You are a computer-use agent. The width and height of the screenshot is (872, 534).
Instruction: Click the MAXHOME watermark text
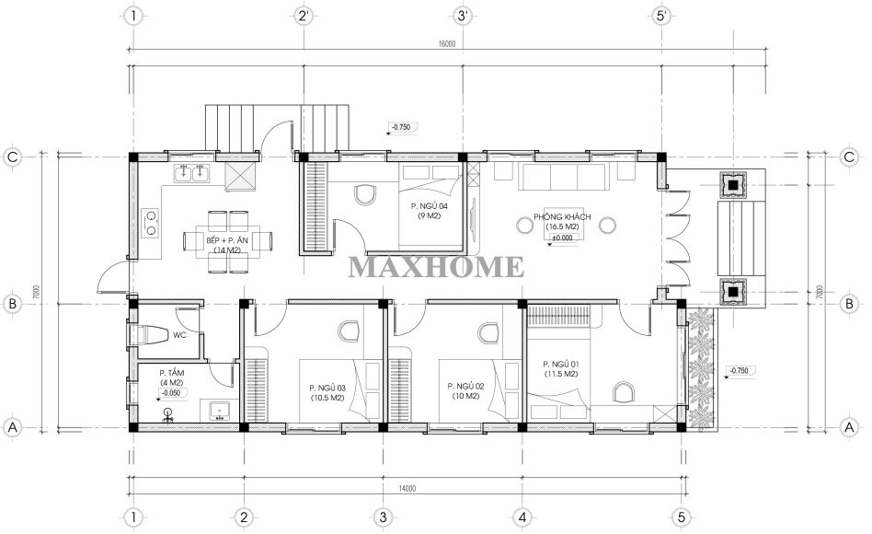(x=435, y=267)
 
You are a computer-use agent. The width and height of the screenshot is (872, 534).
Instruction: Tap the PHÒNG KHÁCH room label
(x=562, y=216)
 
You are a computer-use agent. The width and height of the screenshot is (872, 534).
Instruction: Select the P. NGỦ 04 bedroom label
(x=429, y=206)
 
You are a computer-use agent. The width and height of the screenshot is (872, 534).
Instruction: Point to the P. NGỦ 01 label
(x=560, y=365)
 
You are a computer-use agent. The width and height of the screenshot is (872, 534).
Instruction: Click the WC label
(x=179, y=335)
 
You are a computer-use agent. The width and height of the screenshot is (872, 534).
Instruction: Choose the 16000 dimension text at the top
(x=446, y=44)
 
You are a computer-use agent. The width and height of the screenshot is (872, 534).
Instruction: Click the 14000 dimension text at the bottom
(x=407, y=489)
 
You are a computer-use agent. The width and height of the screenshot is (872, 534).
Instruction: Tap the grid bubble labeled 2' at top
(x=304, y=16)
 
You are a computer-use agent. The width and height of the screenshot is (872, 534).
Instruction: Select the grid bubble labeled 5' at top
(x=661, y=16)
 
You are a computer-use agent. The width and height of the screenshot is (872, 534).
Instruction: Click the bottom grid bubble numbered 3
(x=383, y=517)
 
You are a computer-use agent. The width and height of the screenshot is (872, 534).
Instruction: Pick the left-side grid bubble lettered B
(x=12, y=304)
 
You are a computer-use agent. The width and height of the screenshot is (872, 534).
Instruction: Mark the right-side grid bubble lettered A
(x=849, y=427)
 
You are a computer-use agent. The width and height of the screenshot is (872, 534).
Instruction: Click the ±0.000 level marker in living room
(x=562, y=238)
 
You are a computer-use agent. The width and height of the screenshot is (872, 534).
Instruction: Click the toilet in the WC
(x=148, y=335)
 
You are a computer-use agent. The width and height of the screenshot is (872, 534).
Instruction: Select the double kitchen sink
(x=192, y=174)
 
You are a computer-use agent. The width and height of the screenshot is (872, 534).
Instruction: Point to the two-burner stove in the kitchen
(x=151, y=222)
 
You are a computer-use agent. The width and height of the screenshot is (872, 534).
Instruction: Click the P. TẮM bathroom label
(x=171, y=373)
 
